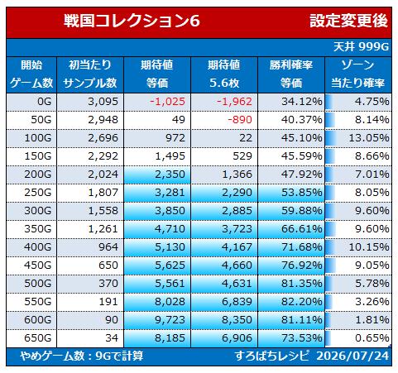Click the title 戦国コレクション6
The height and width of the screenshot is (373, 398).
tap(132, 21)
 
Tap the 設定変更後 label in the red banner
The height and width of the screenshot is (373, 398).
tap(348, 21)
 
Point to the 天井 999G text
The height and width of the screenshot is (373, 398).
tap(361, 47)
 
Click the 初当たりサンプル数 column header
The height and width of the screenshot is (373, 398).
tap(90, 74)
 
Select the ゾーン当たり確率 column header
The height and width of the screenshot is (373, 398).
tap(357, 74)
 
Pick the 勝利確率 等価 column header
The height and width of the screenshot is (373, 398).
tap(291, 74)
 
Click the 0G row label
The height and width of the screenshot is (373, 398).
tap(45, 102)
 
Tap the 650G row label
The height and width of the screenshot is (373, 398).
tap(38, 338)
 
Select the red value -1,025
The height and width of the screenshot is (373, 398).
tap(167, 102)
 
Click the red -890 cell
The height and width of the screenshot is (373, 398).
tap(240, 120)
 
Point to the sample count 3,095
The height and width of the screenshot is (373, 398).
tap(103, 102)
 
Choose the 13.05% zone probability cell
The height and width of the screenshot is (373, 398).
tap(369, 138)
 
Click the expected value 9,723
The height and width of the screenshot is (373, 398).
tap(170, 320)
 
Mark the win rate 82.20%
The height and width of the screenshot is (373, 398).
tap(302, 302)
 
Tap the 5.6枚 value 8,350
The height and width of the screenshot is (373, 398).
tap(237, 320)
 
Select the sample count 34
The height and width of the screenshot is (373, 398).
tap(112, 338)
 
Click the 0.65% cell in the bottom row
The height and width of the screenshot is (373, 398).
tap(372, 338)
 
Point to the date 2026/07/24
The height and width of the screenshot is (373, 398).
tap(352, 356)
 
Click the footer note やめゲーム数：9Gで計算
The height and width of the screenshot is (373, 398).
tap(82, 356)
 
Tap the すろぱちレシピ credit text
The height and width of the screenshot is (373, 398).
tap(272, 356)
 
